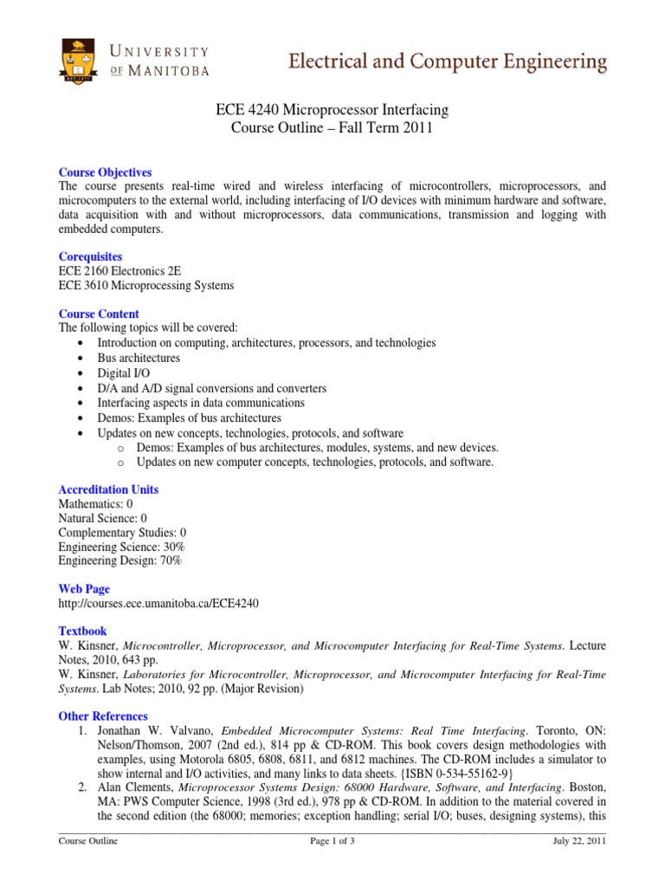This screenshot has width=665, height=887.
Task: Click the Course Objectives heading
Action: click(105, 172)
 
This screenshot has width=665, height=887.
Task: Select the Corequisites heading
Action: click(90, 256)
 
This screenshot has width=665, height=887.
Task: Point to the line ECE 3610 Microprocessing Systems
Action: click(145, 285)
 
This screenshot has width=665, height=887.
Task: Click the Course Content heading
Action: click(99, 314)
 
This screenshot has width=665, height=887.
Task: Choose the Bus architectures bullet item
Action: click(139, 358)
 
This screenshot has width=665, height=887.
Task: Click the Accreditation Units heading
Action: click(108, 489)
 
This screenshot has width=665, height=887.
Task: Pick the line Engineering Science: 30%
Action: click(121, 547)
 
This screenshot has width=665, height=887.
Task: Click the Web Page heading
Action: click(84, 589)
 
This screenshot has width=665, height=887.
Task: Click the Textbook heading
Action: click(82, 631)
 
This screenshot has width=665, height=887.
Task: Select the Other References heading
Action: click(103, 716)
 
